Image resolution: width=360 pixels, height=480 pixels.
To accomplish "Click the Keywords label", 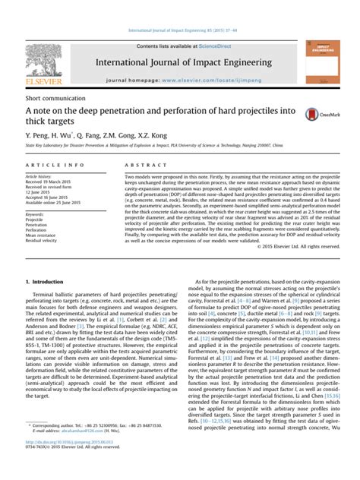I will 36,214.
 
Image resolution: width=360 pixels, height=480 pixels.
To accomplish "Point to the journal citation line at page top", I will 180,31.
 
